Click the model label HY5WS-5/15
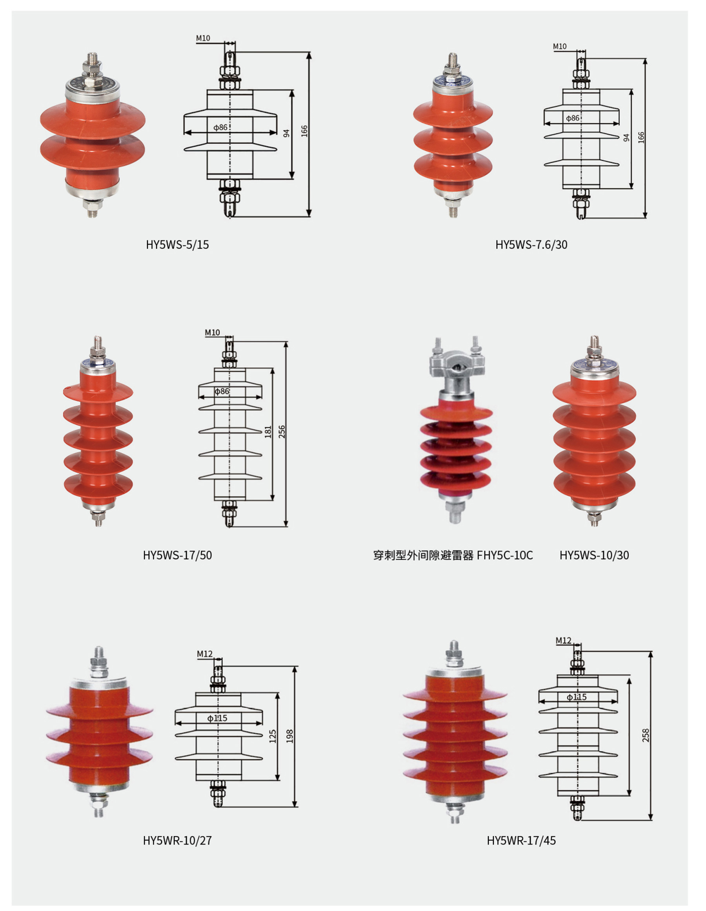pyautogui.click(x=177, y=244)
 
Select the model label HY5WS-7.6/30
pyautogui.click(x=531, y=244)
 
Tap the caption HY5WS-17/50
pyautogui.click(x=177, y=555)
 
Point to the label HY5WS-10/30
pyautogui.click(x=594, y=555)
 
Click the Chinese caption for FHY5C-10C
pyautogui.click(x=424, y=555)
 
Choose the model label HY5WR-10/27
pyautogui.click(x=177, y=840)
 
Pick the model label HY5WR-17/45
pyautogui.click(x=521, y=840)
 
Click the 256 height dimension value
pyautogui.click(x=282, y=431)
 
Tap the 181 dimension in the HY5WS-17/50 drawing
pyautogui.click(x=268, y=431)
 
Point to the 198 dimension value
pyautogui.click(x=289, y=736)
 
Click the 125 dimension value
pyautogui.click(x=273, y=736)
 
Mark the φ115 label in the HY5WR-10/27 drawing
pyautogui.click(x=217, y=718)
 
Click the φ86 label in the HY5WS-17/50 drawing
pyautogui.click(x=222, y=391)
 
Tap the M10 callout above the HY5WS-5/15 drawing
pyautogui.click(x=203, y=38)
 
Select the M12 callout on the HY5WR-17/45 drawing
pyautogui.click(x=563, y=640)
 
